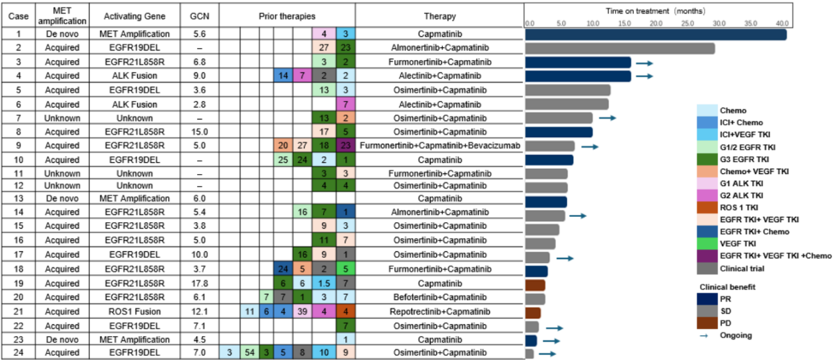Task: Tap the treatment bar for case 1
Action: (655, 34)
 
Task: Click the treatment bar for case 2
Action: (620, 48)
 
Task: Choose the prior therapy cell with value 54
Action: (249, 353)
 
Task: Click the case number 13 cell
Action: (19, 198)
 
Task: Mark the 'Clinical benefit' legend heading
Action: (727, 287)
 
